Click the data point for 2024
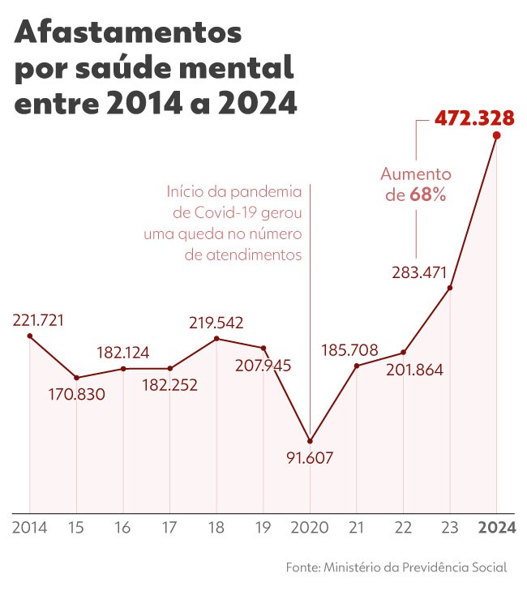click(x=496, y=135)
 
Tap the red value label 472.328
click(x=474, y=118)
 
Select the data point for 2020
click(x=310, y=440)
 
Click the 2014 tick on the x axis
click(x=29, y=528)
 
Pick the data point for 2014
click(x=29, y=336)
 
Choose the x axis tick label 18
click(x=216, y=528)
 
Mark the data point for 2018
click(x=216, y=338)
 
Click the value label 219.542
click(x=216, y=322)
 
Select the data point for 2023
click(x=449, y=288)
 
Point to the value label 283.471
click(x=419, y=272)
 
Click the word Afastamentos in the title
click(x=128, y=34)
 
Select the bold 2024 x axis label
click(x=496, y=528)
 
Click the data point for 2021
click(x=357, y=366)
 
